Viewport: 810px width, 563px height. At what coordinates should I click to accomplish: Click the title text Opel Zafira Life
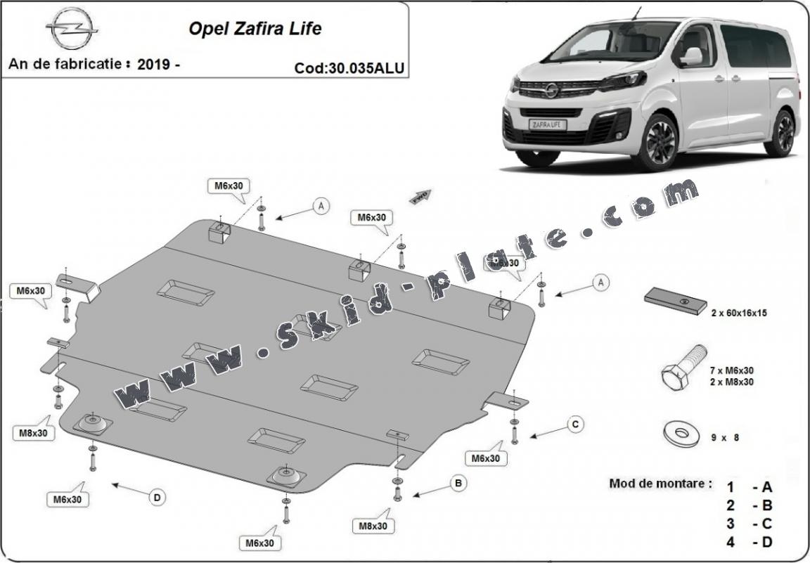[x=255, y=29]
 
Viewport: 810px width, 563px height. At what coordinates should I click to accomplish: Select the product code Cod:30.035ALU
[x=349, y=68]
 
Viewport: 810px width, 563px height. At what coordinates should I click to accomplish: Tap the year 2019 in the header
[x=154, y=65]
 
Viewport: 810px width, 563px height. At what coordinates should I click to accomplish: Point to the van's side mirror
[x=691, y=56]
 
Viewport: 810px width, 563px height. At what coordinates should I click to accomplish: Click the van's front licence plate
[x=550, y=124]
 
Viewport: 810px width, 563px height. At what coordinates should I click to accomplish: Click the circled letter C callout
[x=574, y=424]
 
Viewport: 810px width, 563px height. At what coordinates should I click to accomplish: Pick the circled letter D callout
[x=157, y=498]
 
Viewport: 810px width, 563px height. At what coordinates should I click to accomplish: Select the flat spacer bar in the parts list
[x=676, y=301]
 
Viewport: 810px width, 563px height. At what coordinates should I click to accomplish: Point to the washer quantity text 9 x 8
[x=724, y=437]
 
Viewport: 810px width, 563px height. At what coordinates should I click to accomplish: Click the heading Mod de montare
[x=660, y=484]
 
